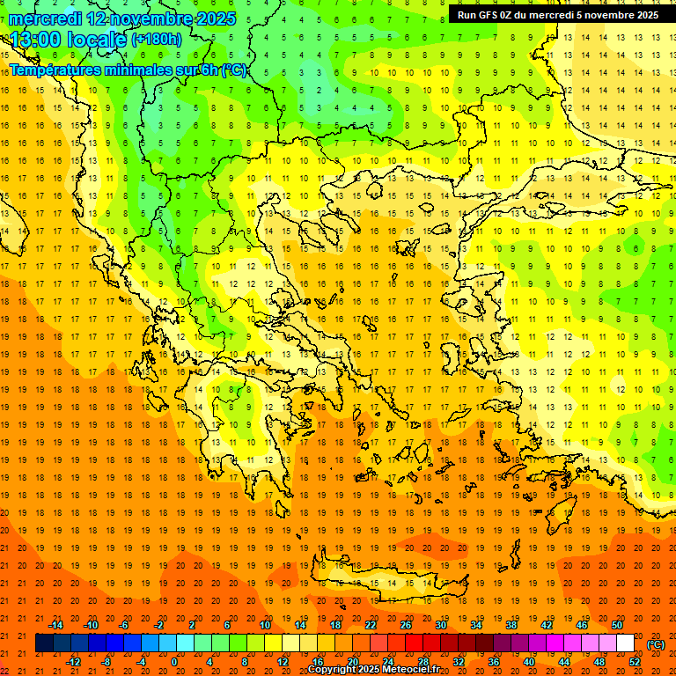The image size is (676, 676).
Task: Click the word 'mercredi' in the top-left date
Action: (46, 18)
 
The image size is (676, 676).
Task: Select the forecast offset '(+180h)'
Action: (156, 40)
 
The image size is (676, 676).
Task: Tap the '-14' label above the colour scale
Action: (55, 625)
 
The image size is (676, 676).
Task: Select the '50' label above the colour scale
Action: (616, 625)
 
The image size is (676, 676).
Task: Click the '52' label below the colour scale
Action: (635, 662)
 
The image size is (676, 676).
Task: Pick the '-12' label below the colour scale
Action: (74, 662)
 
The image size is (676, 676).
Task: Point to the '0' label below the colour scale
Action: (173, 662)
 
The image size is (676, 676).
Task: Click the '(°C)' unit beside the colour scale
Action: (656, 644)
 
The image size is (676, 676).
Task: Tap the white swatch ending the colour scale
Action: (625, 643)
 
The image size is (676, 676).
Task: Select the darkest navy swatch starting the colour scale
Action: (44, 643)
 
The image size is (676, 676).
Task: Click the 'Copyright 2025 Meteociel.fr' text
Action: (373, 670)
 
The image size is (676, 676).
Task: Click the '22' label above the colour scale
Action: (371, 625)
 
